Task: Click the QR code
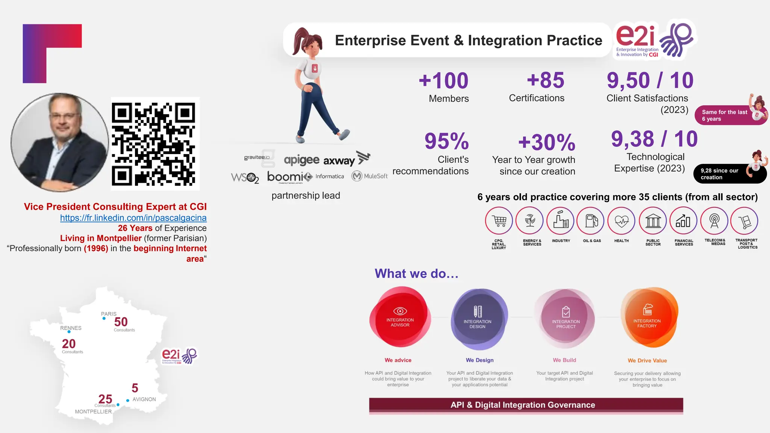pyautogui.click(x=155, y=144)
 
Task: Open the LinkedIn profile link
pyautogui.click(x=133, y=218)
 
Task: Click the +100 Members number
pyautogui.click(x=444, y=81)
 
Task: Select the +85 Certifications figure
pyautogui.click(x=546, y=80)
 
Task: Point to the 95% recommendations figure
pyautogui.click(x=447, y=141)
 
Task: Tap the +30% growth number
pyautogui.click(x=547, y=142)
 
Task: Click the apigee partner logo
pyautogui.click(x=302, y=160)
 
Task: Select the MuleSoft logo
pyautogui.click(x=370, y=176)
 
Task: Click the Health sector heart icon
pyautogui.click(x=621, y=221)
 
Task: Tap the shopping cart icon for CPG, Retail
pyautogui.click(x=499, y=221)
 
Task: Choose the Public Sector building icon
pyautogui.click(x=653, y=221)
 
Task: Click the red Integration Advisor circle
pyautogui.click(x=400, y=318)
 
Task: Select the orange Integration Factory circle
pyautogui.click(x=648, y=318)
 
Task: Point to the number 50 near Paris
pyautogui.click(x=121, y=322)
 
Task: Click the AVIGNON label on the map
pyautogui.click(x=144, y=399)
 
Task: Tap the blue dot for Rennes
pyautogui.click(x=69, y=332)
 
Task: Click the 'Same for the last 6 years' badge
pyautogui.click(x=725, y=115)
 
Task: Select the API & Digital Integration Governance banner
pyautogui.click(x=526, y=405)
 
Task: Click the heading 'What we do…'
pyautogui.click(x=417, y=274)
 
